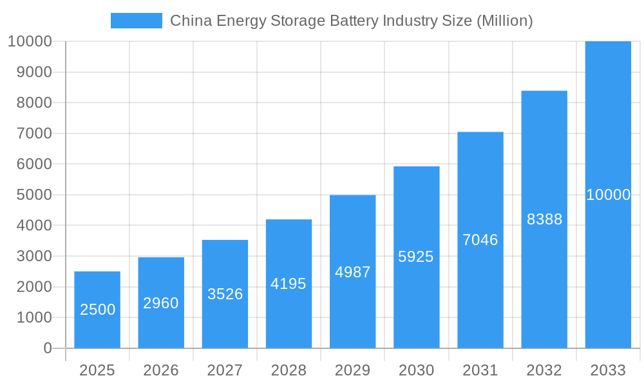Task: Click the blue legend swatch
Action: [x=136, y=21]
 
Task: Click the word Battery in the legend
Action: [x=354, y=21]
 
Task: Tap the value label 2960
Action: [x=161, y=303]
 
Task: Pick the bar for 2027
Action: [x=225, y=271]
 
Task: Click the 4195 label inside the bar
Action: [x=289, y=284]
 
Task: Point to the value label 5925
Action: [x=416, y=257]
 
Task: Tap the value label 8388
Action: [x=544, y=219]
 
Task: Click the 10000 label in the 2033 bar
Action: [x=608, y=195]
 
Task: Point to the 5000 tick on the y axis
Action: [x=30, y=195]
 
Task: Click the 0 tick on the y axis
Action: [x=47, y=348]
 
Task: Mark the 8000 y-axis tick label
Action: [x=30, y=103]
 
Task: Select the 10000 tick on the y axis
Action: [x=30, y=41]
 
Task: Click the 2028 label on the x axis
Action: [x=289, y=370]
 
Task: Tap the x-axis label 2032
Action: [x=544, y=370]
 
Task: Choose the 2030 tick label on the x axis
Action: [x=416, y=370]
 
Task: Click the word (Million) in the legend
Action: [x=504, y=21]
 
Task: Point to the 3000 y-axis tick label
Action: [x=30, y=256]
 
